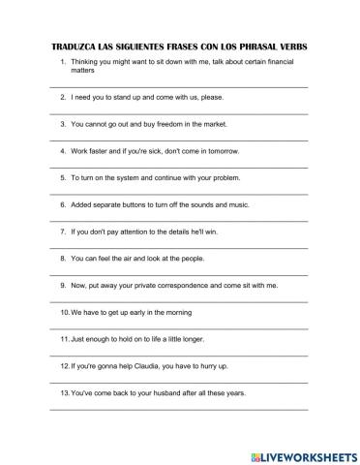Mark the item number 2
[62, 98]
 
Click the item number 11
[64, 340]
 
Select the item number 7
[62, 232]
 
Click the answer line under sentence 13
[179, 410]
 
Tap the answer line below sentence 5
[179, 194]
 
